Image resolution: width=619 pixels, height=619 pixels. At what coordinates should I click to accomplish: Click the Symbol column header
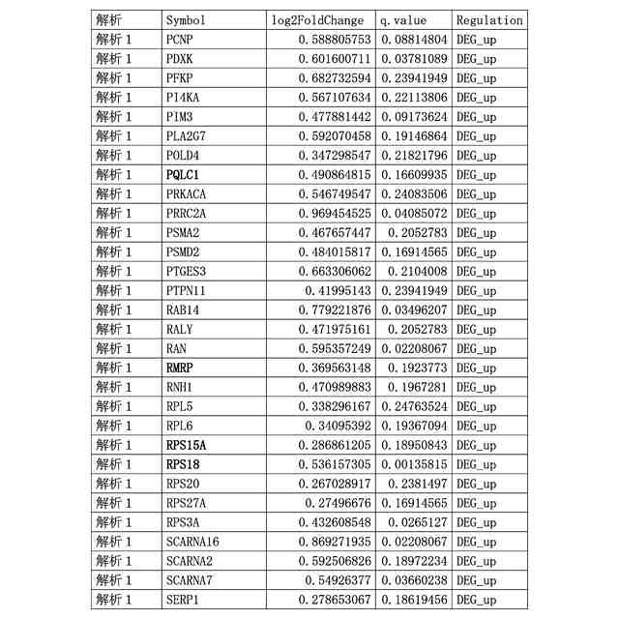(186, 20)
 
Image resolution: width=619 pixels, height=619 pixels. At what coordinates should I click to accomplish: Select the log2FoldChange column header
(317, 20)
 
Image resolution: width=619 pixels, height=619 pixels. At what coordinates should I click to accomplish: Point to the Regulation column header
(489, 20)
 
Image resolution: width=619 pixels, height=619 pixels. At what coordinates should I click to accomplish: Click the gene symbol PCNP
(179, 40)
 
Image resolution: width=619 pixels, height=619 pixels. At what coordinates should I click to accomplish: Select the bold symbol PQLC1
(182, 175)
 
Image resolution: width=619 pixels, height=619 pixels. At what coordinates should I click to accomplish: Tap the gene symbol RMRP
(181, 368)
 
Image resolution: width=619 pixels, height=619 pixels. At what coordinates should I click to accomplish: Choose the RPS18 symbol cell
(182, 465)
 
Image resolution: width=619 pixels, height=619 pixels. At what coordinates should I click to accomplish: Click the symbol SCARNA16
(192, 543)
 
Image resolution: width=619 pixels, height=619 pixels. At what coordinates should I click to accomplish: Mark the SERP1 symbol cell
(182, 601)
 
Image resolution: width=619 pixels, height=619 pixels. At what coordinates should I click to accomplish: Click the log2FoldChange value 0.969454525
(323, 214)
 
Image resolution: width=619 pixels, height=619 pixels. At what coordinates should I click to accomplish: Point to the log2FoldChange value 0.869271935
(323, 543)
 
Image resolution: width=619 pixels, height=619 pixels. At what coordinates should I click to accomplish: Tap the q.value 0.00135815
(413, 465)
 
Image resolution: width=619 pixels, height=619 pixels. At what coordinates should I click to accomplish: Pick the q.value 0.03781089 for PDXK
(413, 59)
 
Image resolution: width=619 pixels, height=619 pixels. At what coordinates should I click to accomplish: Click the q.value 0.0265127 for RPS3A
(417, 523)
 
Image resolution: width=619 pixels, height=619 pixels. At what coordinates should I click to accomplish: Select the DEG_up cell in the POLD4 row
(476, 156)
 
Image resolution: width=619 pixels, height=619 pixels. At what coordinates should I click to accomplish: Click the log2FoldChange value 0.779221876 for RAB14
(323, 310)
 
